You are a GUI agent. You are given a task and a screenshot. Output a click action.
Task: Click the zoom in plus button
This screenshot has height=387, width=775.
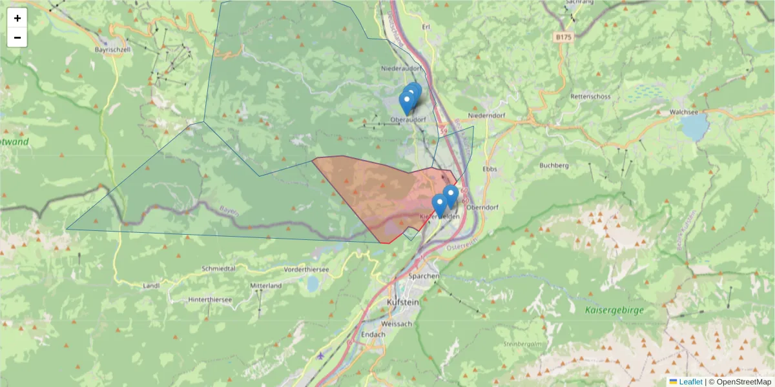pyautogui.click(x=17, y=18)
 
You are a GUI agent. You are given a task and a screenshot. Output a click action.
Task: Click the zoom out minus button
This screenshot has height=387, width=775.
pyautogui.click(x=17, y=37)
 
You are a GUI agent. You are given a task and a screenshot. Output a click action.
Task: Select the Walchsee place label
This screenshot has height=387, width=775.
pyautogui.click(x=684, y=112)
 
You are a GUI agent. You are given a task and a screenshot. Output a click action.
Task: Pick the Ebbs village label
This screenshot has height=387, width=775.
pyautogui.click(x=489, y=168)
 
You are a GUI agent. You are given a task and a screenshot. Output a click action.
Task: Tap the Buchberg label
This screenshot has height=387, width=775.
pyautogui.click(x=553, y=165)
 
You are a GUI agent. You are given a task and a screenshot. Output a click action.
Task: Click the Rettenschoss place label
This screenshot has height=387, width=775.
pyautogui.click(x=590, y=97)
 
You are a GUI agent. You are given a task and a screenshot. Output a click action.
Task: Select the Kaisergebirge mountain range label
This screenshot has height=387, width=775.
pyautogui.click(x=615, y=310)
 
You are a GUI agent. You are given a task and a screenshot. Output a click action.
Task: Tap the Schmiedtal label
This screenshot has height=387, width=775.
pyautogui.click(x=218, y=268)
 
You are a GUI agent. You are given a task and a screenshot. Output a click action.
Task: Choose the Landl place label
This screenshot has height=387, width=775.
pyautogui.click(x=151, y=285)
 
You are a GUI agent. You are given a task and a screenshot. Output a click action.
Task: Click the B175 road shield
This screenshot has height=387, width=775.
pyautogui.click(x=563, y=37)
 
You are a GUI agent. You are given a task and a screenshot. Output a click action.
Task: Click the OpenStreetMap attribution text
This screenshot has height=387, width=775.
pyautogui.click(x=739, y=382)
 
